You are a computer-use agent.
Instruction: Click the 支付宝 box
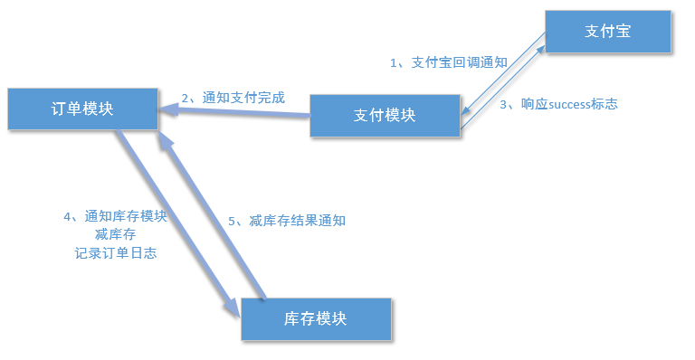(607, 31)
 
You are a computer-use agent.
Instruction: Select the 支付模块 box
(384, 115)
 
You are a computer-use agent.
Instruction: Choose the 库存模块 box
(315, 318)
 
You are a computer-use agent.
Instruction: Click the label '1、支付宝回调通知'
(448, 62)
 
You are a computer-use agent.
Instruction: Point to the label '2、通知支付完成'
(233, 98)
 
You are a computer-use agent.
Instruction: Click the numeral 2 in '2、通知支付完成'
(186, 98)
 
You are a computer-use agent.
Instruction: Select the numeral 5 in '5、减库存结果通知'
(232, 220)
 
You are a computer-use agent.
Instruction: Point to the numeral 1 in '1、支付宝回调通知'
(394, 62)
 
